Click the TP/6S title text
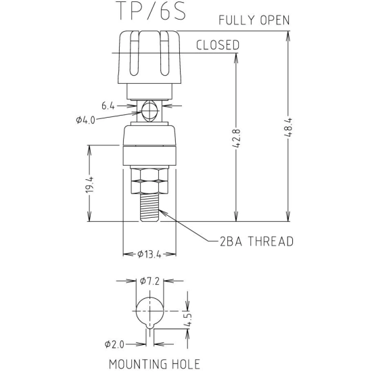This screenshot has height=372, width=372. pos(152,10)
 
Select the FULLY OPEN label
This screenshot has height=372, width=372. pos(254,20)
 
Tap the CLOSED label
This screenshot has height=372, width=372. pos(218,45)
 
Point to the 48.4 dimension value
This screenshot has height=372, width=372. pos(287,127)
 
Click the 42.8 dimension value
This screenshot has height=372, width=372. pos(236,138)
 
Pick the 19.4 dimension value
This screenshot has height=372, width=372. pos(90,185)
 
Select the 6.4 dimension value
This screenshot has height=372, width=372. pos(108,106)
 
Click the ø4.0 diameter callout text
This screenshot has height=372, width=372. pos(85,120)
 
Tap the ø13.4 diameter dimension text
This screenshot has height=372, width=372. pos(149,254)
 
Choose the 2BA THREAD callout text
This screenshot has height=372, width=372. pos(257,241)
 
